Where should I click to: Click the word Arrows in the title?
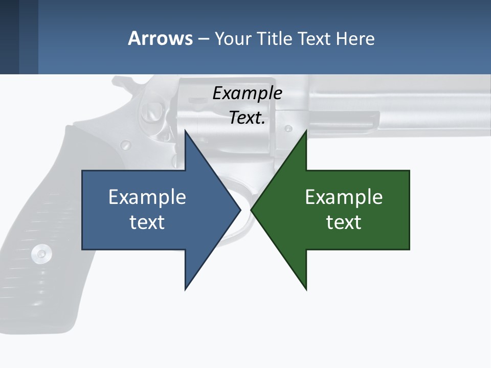click(x=160, y=39)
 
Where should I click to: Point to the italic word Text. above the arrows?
click(x=247, y=118)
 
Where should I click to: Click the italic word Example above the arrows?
click(x=247, y=94)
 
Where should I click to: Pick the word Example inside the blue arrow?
click(x=147, y=197)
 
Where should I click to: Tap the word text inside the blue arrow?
click(x=147, y=222)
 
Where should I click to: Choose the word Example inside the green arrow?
click(x=344, y=197)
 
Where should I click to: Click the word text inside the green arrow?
click(x=344, y=222)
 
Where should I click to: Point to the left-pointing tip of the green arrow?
click(x=252, y=210)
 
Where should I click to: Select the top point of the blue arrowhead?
click(x=185, y=132)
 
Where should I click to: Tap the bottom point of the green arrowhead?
click(x=306, y=289)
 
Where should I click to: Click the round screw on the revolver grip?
click(x=40, y=253)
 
